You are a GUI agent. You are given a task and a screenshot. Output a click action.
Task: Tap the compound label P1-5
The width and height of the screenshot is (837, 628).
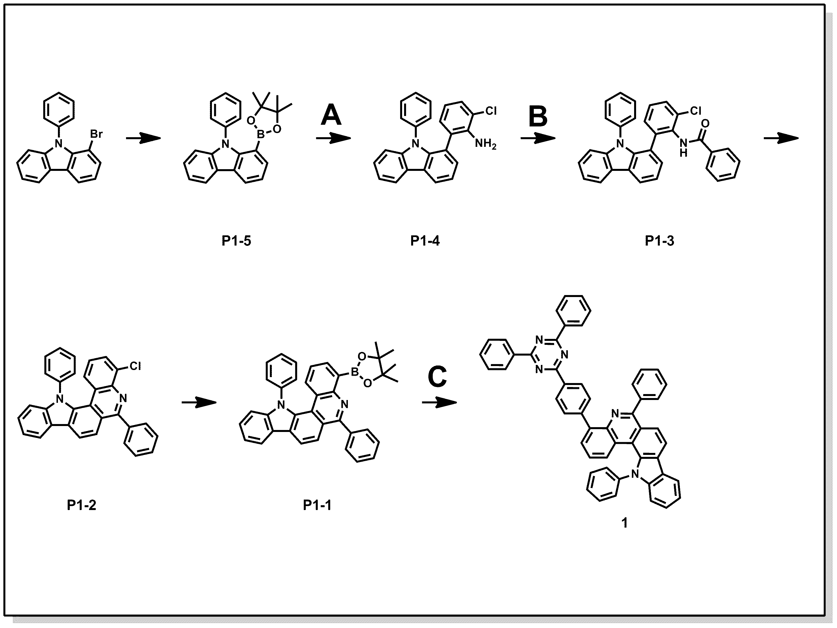236,241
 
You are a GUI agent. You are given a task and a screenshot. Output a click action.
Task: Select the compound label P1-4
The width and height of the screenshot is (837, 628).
425,241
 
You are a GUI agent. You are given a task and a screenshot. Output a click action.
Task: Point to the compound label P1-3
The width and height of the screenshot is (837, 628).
660,241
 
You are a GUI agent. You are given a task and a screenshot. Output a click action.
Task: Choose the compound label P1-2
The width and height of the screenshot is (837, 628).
81,505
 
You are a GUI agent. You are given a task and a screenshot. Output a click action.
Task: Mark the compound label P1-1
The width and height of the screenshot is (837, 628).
317,505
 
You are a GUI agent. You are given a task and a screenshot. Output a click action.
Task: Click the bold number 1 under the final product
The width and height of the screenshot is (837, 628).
625,523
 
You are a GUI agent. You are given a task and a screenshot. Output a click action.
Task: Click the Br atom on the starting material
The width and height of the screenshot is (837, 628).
96,134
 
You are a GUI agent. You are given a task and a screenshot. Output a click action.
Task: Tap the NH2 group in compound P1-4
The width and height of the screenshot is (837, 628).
485,144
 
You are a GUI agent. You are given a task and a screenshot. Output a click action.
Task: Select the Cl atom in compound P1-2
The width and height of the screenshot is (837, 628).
135,366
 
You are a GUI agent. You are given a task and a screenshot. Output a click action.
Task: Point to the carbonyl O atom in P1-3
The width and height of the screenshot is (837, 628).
705,124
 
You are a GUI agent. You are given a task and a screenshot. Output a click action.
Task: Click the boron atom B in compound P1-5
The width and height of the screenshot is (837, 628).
261,134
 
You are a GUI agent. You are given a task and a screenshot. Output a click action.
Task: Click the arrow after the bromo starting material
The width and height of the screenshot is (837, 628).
144,139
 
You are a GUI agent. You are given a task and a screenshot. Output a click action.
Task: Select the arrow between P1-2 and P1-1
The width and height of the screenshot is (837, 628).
199,402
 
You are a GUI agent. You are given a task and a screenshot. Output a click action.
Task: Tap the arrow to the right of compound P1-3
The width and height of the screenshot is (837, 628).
781,139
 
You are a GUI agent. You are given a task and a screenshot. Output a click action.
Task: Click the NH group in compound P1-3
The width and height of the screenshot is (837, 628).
683,147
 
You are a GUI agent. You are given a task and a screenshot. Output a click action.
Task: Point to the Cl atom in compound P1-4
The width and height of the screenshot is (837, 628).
491,111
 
